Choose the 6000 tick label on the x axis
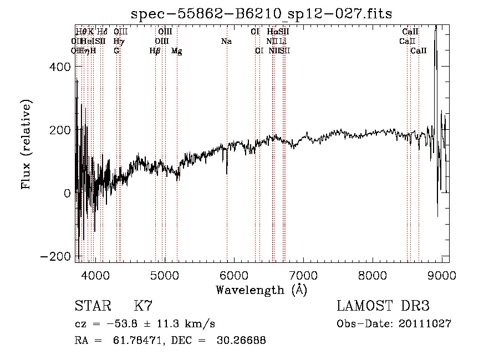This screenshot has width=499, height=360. [x=233, y=275]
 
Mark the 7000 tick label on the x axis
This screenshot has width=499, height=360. [x=303, y=275]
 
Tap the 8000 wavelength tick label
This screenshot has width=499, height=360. [x=372, y=275]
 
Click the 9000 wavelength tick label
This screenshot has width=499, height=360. [x=441, y=275]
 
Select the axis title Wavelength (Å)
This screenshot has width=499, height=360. [x=261, y=290]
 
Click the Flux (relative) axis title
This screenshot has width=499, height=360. [x=26, y=144]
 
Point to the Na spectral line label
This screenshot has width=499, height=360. [x=226, y=41]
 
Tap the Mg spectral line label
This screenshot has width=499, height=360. [x=176, y=50]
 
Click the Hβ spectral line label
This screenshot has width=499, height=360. [x=155, y=50]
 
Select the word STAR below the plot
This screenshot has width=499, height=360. [x=92, y=306]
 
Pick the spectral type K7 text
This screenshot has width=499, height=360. [x=143, y=306]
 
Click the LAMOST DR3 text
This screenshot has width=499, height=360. [x=383, y=306]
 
